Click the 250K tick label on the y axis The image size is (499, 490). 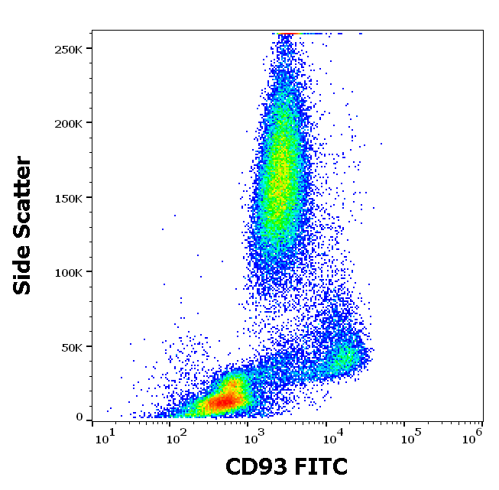click(x=69, y=49)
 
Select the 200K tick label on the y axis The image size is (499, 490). click(x=69, y=123)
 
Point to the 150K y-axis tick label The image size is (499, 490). click(x=69, y=198)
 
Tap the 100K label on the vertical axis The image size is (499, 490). click(x=69, y=272)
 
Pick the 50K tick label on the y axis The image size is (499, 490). click(x=72, y=347)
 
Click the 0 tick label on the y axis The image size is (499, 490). click(x=79, y=417)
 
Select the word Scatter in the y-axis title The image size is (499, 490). click(x=24, y=193)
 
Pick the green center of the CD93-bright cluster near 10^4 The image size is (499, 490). click(x=345, y=356)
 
